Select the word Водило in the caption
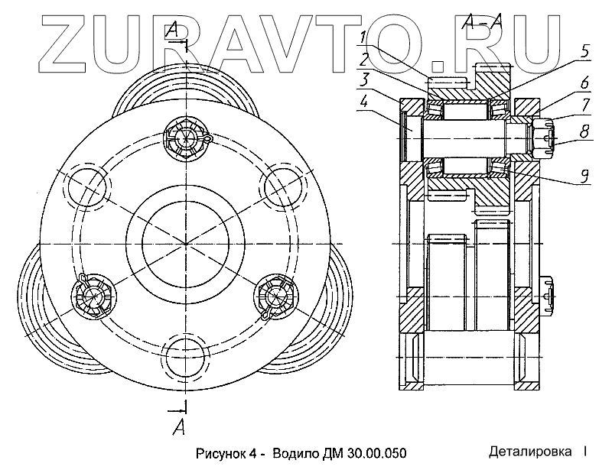pos(295,453)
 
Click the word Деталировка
pos(531,452)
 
